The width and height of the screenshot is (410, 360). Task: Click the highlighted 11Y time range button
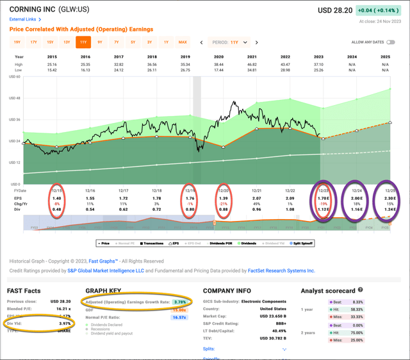point(83,42)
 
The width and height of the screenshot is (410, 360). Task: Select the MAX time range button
point(183,42)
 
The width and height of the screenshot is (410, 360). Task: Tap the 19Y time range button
point(17,42)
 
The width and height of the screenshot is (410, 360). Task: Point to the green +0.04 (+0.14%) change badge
point(382,10)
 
